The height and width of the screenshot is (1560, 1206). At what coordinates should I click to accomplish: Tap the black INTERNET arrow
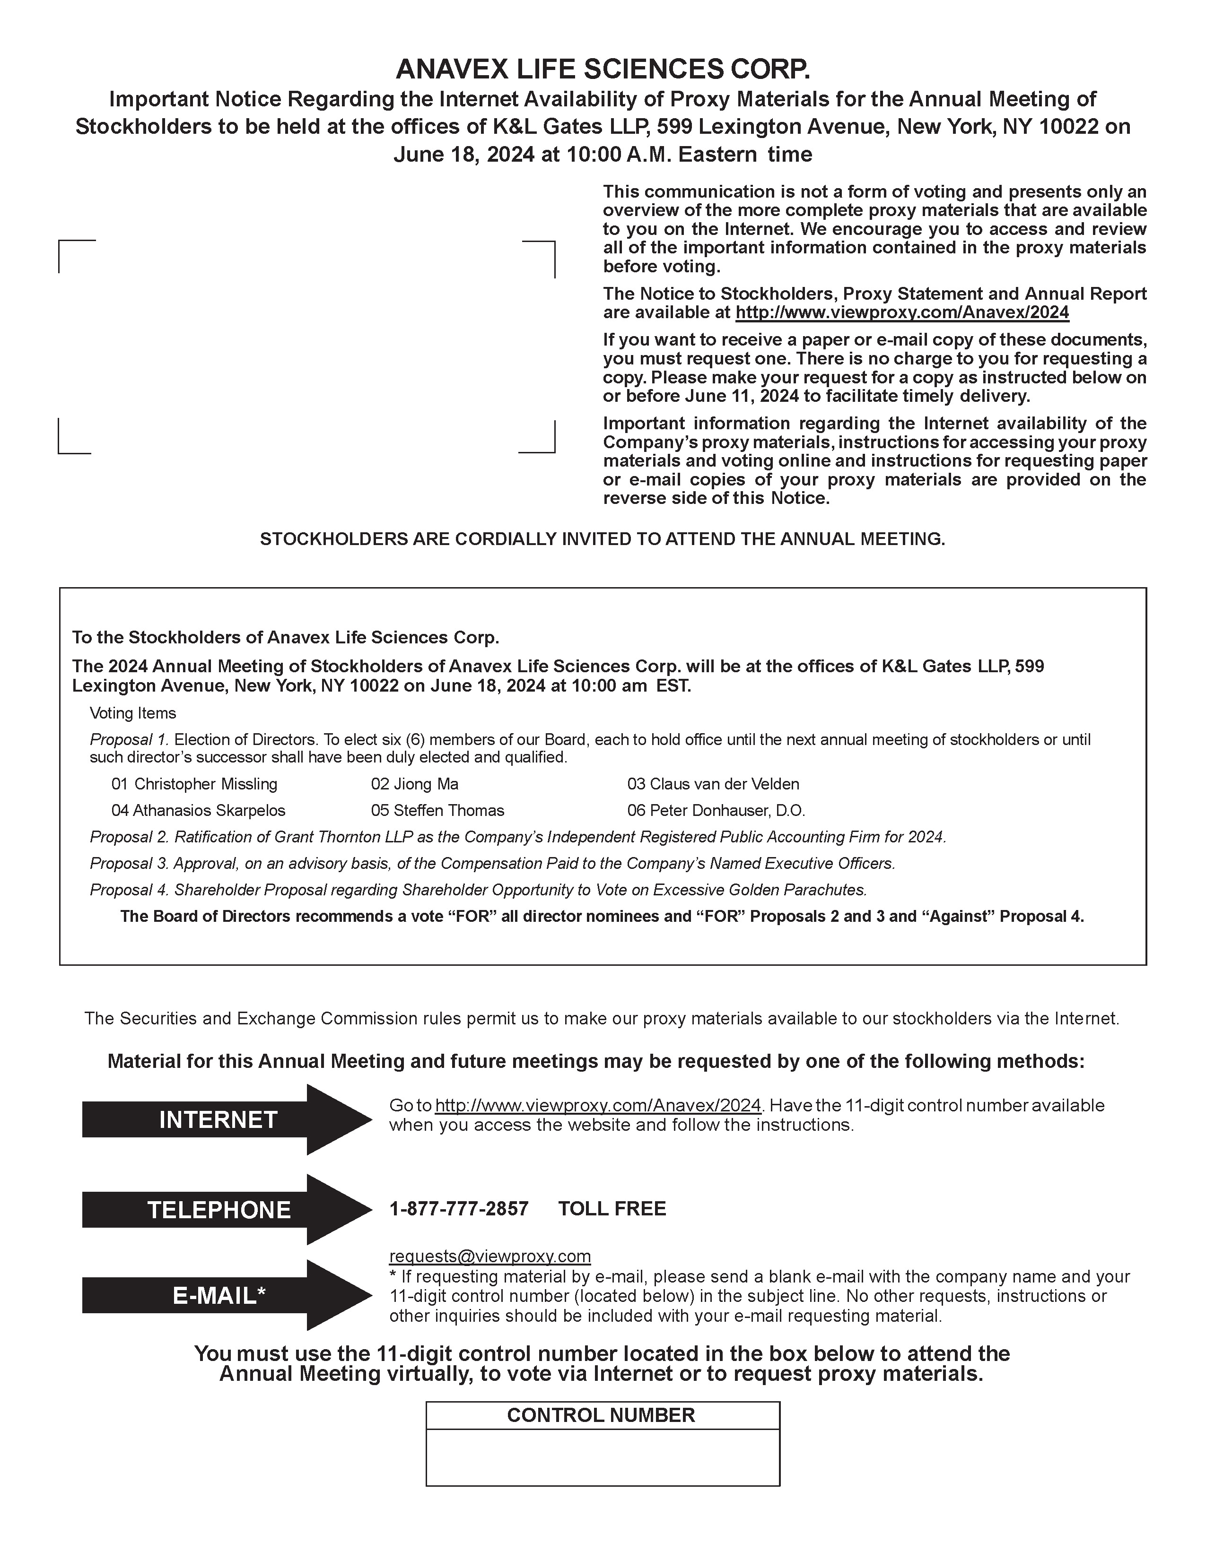pyautogui.click(x=218, y=1119)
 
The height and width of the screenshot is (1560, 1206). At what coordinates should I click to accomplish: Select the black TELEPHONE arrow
pyautogui.click(x=218, y=1209)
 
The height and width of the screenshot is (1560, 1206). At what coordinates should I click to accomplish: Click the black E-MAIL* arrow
pyautogui.click(x=218, y=1295)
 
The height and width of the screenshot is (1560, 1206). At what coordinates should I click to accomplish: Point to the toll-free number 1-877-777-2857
pyautogui.click(x=459, y=1209)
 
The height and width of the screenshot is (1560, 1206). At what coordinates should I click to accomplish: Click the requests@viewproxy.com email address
pyautogui.click(x=489, y=1256)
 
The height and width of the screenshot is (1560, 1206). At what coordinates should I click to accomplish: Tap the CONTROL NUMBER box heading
pyautogui.click(x=601, y=1415)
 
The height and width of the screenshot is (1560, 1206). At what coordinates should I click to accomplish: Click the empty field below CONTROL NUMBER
pyautogui.click(x=602, y=1456)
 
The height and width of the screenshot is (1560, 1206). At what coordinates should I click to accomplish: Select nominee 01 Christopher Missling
pyautogui.click(x=194, y=784)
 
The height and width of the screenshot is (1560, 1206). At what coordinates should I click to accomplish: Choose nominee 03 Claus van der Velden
pyautogui.click(x=713, y=784)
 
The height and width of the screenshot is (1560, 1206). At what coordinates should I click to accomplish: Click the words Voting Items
pyautogui.click(x=133, y=713)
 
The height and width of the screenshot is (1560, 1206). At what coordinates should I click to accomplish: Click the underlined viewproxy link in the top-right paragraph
pyautogui.click(x=901, y=312)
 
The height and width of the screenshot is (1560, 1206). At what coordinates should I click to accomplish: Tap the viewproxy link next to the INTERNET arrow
pyautogui.click(x=598, y=1105)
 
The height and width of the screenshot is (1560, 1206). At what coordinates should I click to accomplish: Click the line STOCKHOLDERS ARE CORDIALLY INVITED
pyautogui.click(x=602, y=539)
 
